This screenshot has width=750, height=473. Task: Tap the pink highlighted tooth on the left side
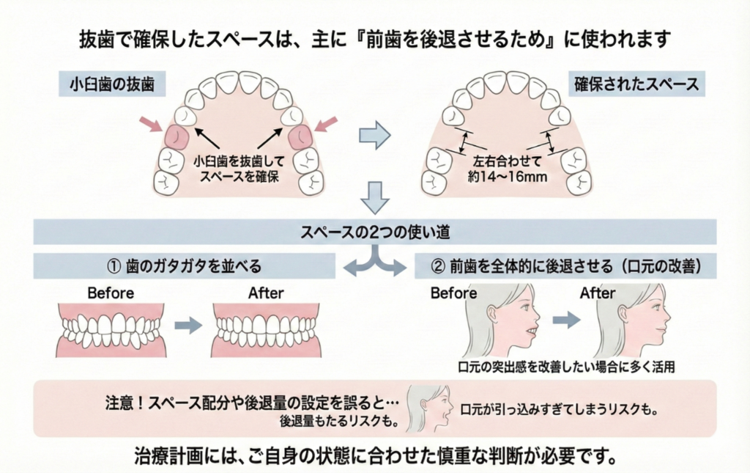click(178, 136)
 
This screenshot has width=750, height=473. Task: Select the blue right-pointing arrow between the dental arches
click(374, 136)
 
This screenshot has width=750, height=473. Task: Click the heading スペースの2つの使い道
click(374, 232)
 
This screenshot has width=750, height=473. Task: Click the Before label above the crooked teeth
click(111, 293)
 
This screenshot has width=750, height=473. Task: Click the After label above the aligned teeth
click(265, 293)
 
